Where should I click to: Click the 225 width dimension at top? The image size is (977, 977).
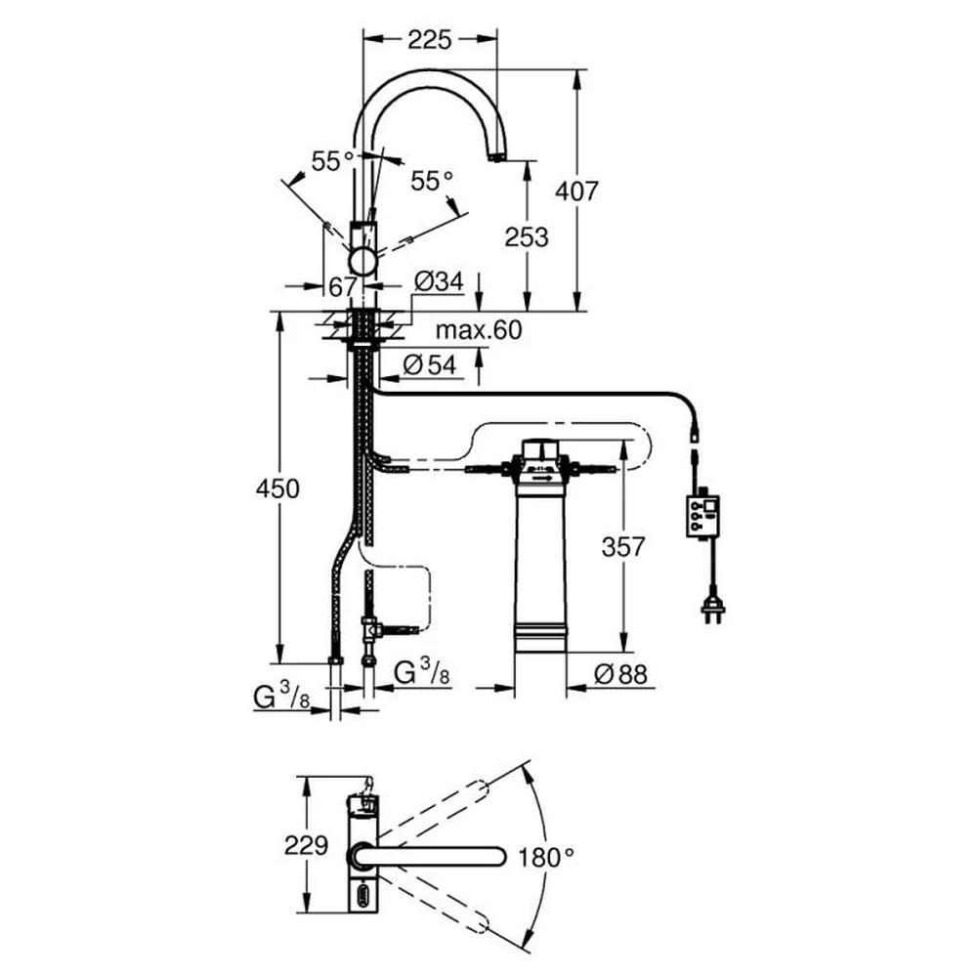[429, 40]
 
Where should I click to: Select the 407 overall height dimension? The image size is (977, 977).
[576, 191]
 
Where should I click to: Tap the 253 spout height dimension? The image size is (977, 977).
[527, 237]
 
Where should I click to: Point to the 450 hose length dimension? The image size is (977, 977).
[277, 489]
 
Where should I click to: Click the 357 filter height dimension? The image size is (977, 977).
[623, 547]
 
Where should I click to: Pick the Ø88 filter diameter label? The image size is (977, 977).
[620, 673]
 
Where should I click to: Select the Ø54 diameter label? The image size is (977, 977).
[430, 365]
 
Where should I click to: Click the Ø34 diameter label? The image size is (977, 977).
[440, 282]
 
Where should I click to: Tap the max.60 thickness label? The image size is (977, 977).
[479, 330]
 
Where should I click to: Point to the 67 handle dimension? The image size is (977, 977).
[343, 287]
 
